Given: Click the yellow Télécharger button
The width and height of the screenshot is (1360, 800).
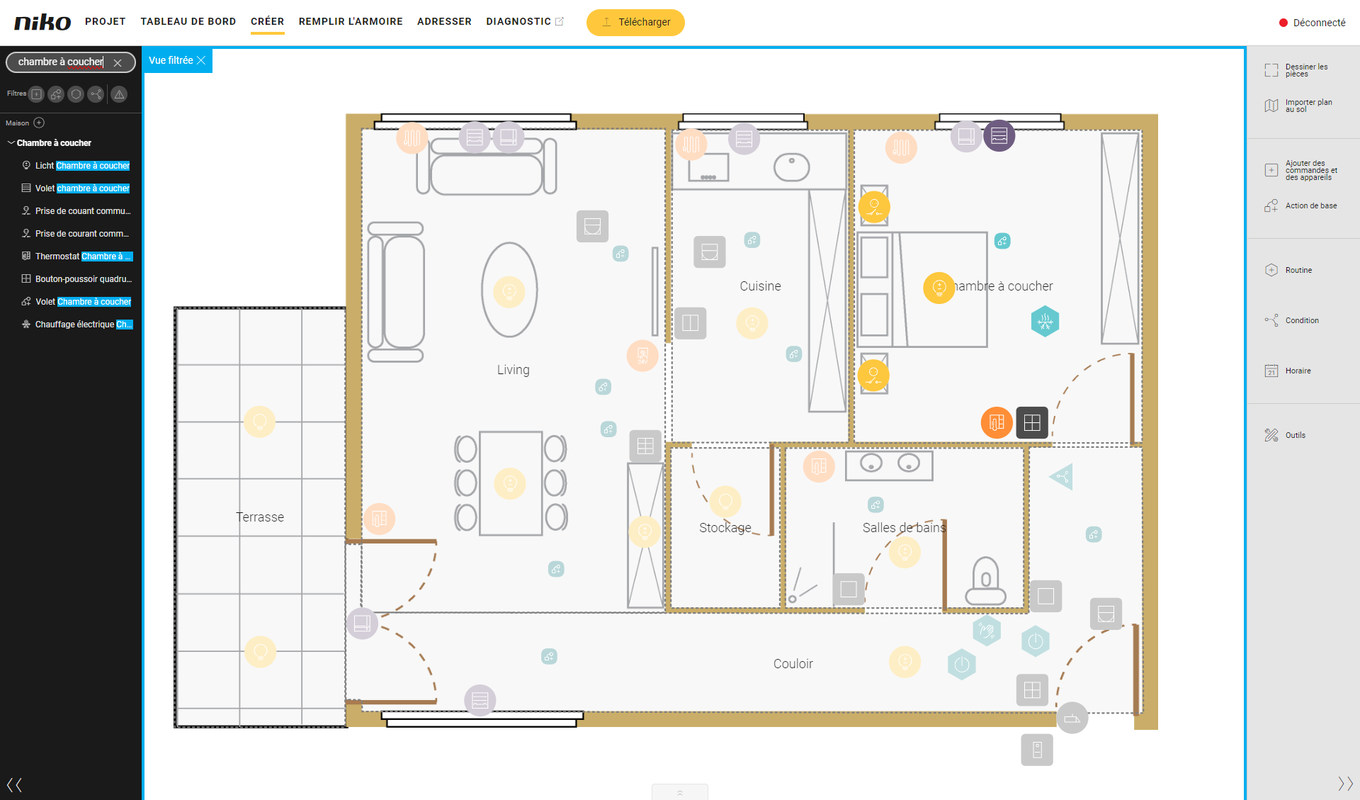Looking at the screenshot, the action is pos(635,22).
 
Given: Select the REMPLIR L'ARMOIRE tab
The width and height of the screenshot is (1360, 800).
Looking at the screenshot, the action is pos(351,21).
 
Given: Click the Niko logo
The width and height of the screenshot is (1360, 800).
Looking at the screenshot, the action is pos(42,22).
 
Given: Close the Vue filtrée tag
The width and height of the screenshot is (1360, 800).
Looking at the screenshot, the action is pos(201,60).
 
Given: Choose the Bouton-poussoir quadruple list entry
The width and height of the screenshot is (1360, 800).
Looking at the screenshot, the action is pos(77,279).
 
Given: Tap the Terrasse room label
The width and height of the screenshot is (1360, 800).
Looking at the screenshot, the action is pos(260,517).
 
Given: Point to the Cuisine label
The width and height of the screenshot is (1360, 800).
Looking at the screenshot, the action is pos(760,286).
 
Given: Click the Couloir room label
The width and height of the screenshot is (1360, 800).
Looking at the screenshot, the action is pos(793,664).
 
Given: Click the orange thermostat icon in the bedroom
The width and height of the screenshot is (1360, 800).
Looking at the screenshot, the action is pos(997,422).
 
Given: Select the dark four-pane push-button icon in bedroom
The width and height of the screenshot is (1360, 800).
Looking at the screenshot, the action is pos(1032,422).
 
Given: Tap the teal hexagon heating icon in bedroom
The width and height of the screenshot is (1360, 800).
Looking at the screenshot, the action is pos(1045,322).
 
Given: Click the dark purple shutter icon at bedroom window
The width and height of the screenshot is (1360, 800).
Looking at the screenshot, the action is pos(999,135).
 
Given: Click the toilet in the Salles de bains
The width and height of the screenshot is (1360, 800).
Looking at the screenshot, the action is pos(985,581).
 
